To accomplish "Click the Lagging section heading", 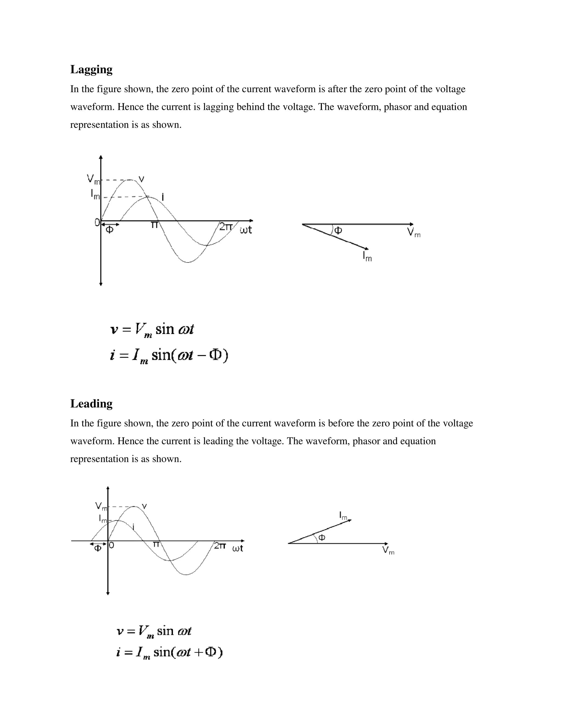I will coord(91,70).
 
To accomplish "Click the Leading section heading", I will coord(91,404).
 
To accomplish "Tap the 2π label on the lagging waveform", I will coord(226,227).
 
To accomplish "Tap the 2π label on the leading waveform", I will coord(220,545).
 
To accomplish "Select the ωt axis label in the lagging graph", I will coord(246,230).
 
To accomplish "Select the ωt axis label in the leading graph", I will coord(237,548).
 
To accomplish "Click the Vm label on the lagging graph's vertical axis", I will coord(93,179).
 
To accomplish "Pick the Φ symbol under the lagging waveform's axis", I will coord(109,230).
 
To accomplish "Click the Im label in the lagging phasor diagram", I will coord(367,256).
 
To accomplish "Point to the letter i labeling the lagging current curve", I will coord(162,198).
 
